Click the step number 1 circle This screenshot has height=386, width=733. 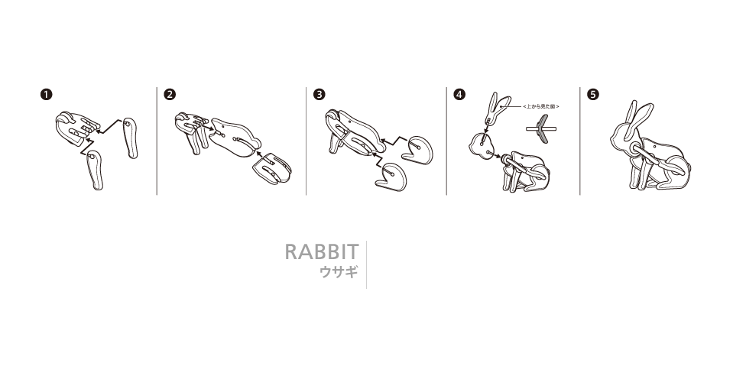(47, 94)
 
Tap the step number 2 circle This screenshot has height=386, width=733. (170, 94)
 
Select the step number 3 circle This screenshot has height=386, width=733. (319, 94)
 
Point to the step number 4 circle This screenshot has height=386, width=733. (459, 94)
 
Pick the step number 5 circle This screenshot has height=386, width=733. (593, 94)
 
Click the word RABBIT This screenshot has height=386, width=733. (322, 252)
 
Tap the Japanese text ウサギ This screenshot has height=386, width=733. (339, 272)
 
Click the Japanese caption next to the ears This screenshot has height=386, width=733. (541, 106)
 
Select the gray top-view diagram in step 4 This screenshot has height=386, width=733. (542, 128)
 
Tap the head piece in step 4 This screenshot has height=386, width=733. (481, 146)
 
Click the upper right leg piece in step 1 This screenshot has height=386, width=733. (131, 138)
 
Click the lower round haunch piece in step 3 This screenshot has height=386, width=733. (392, 177)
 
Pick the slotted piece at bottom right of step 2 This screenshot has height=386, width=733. (272, 168)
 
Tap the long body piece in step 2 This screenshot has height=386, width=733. (233, 137)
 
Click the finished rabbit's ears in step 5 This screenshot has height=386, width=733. (637, 118)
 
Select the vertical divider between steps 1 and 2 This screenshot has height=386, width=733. (157, 141)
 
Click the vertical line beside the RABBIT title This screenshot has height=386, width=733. (367, 265)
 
